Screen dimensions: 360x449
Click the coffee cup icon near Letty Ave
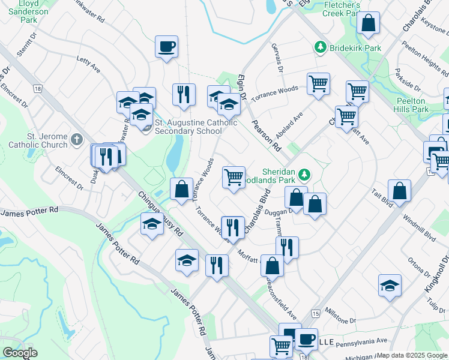(166, 46)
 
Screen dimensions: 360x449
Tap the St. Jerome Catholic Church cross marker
(76, 140)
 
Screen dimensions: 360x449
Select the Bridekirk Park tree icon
(321, 47)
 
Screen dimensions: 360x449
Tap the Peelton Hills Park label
(412, 105)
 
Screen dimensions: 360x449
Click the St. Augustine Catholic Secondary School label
(196, 127)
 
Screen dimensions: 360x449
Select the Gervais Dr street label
(278, 59)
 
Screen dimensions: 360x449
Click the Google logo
(20, 353)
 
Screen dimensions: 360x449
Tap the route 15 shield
(316, 314)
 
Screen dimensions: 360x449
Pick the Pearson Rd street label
(267, 137)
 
